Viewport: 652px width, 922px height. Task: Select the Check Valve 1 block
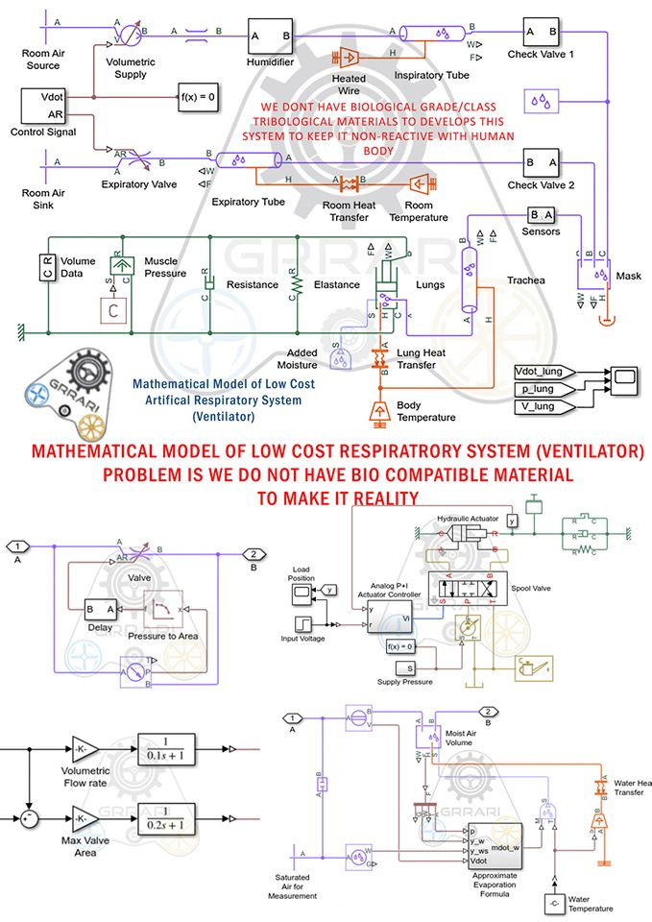pos(540,31)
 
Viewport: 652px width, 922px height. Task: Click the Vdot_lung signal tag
pos(543,371)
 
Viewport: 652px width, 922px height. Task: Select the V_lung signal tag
pos(543,407)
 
